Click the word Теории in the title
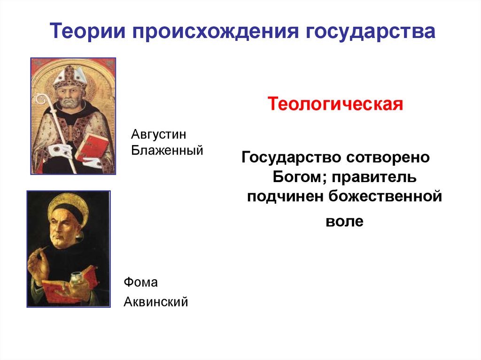point(88,31)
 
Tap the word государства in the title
point(370,32)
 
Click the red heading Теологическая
point(335,104)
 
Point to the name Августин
point(159,134)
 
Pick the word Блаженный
point(167,150)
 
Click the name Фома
point(141,282)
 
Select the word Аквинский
point(156,302)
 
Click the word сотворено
point(388,158)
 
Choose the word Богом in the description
point(299,177)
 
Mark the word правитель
point(374,177)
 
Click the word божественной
point(385,196)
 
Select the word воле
point(344,222)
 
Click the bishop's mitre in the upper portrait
point(70,77)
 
